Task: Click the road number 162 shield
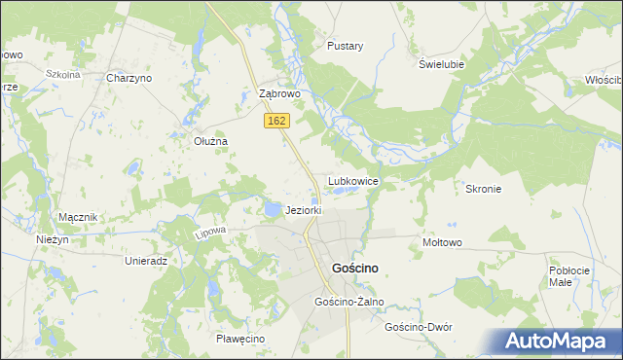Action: point(277,120)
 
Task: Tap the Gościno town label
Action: point(355,268)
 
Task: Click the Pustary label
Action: point(346,46)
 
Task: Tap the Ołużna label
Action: point(209,141)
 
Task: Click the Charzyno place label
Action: point(129,78)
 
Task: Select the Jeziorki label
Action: point(303,210)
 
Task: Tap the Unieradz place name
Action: point(147,261)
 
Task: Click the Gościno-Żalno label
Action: point(349,302)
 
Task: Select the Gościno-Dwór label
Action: point(420,327)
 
